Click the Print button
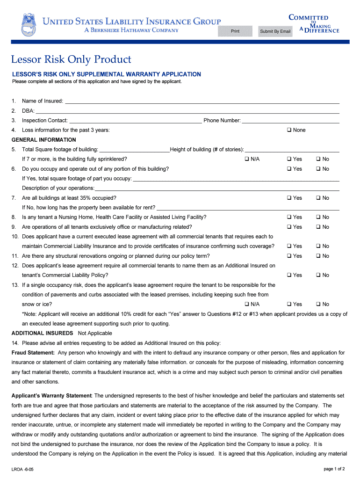point(235,31)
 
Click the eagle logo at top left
point(28,24)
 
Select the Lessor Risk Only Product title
point(72,59)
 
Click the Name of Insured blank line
point(202,101)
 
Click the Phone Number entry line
point(290,121)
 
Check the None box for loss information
point(289,130)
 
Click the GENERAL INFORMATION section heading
point(43,140)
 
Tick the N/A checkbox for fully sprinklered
point(246,159)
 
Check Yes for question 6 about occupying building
point(289,169)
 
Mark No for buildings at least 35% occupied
point(318,198)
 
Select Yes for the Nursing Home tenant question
point(289,217)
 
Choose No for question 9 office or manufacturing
point(318,227)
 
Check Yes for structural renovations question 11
point(289,256)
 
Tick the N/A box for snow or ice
point(246,304)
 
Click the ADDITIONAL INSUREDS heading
point(42,333)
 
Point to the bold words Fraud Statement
point(33,353)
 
